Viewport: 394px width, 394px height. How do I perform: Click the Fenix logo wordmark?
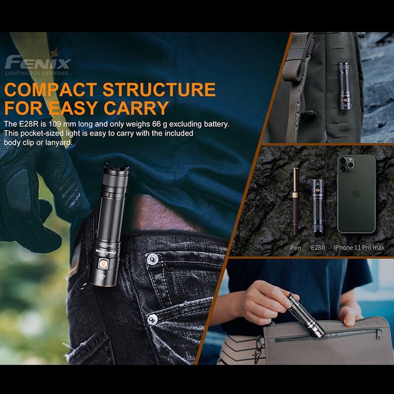tap(38, 62)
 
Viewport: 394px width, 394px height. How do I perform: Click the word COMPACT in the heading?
tap(51, 90)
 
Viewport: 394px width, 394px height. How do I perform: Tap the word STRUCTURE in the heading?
tap(159, 90)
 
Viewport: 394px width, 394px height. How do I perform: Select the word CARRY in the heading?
tap(136, 108)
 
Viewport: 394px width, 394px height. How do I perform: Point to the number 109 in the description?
tap(55, 124)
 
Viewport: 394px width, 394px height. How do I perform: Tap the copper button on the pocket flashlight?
tap(103, 263)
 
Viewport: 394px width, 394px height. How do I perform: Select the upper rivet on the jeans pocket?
tap(152, 259)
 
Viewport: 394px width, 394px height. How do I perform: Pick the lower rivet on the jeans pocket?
tap(152, 319)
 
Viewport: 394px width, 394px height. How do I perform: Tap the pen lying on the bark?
tap(295, 201)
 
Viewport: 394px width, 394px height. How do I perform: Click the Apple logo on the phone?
tap(356, 193)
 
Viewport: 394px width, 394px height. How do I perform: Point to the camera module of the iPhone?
tap(346, 164)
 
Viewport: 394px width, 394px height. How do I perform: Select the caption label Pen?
tap(295, 248)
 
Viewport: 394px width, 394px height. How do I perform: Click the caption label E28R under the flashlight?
tap(318, 248)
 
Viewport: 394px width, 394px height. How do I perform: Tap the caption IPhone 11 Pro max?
tap(359, 248)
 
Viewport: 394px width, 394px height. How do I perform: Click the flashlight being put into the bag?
tap(306, 316)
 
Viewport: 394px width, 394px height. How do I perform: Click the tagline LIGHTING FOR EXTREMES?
tap(37, 73)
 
